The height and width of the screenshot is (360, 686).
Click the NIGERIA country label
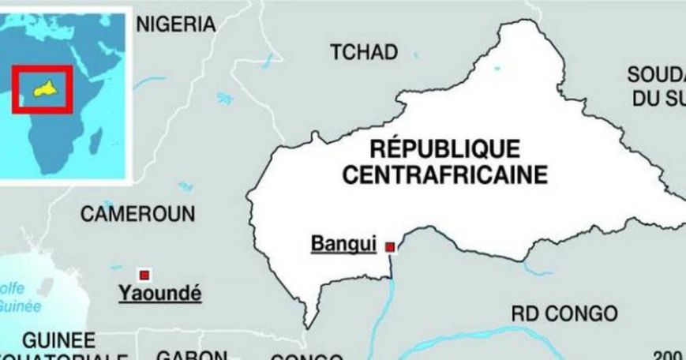[176, 24]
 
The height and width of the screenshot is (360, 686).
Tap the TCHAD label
[363, 53]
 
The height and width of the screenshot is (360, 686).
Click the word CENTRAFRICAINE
[444, 174]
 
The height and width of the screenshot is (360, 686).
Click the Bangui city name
[343, 245]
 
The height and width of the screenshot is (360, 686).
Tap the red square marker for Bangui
[389, 247]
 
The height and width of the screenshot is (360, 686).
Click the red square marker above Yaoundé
[144, 274]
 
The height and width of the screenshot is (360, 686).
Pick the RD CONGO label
[564, 313]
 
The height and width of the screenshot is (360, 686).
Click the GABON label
[192, 354]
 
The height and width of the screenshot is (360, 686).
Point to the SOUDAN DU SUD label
[656, 87]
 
